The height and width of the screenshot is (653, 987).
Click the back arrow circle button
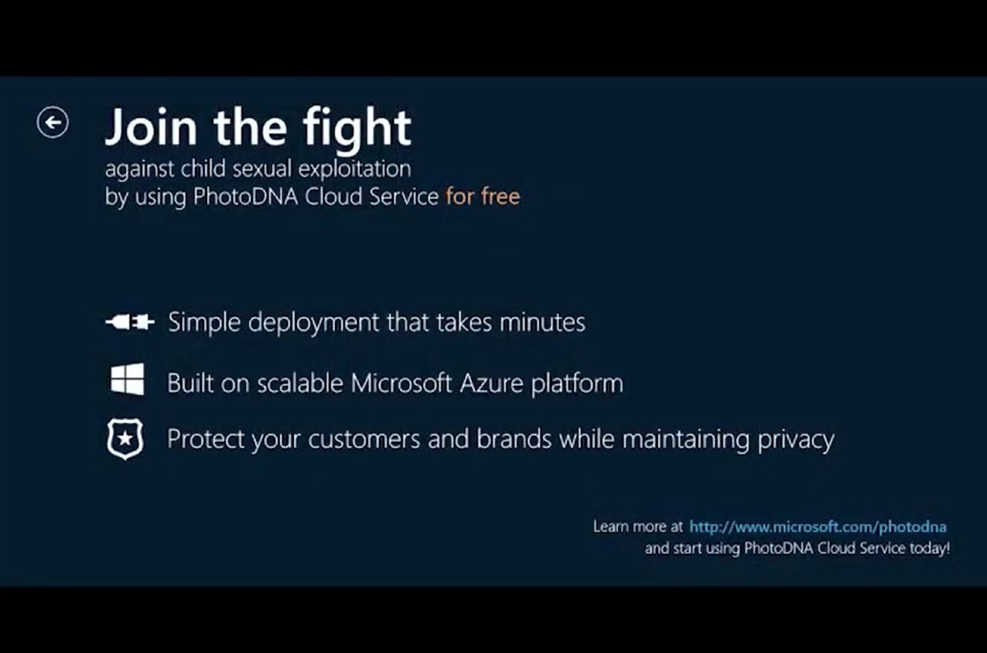53,122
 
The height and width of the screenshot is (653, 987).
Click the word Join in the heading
151,127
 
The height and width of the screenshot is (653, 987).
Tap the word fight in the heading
357,130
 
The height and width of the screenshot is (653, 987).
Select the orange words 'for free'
482,196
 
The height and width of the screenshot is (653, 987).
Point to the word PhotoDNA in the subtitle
246,196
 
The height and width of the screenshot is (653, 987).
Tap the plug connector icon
130,322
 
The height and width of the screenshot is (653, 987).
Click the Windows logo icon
128,379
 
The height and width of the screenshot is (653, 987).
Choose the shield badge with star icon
125,439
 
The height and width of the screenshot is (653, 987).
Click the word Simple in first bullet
205,323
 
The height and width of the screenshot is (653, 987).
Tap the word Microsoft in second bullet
401,383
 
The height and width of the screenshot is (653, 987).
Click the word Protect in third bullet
206,439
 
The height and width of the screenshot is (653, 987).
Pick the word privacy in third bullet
796,440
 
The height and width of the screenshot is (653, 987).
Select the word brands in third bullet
514,439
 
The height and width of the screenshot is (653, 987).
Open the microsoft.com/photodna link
817,527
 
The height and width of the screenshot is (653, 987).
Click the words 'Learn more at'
638,526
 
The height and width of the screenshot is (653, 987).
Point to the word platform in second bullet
577,384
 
